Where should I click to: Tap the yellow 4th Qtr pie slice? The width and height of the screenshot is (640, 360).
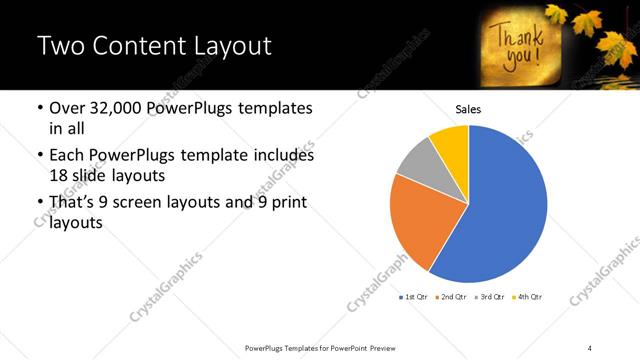pyautogui.click(x=452, y=143)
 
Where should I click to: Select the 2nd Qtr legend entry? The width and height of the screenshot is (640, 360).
pyautogui.click(x=453, y=297)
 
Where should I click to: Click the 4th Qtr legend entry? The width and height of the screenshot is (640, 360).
pyautogui.click(x=528, y=297)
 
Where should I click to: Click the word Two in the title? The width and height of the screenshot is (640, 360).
pyautogui.click(x=58, y=46)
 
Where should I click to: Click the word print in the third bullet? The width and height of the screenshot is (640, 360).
pyautogui.click(x=284, y=204)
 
